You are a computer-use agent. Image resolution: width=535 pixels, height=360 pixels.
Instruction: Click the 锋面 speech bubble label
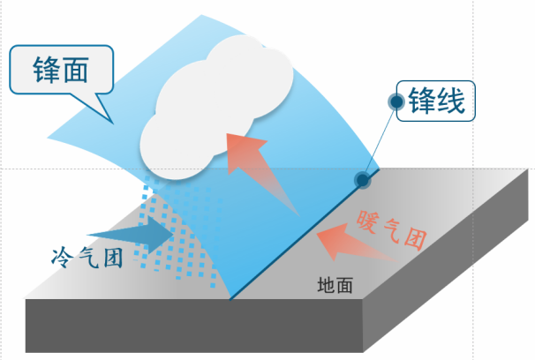pyautogui.click(x=62, y=69)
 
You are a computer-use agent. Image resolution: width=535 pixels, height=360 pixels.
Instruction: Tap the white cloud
pyautogui.click(x=216, y=101)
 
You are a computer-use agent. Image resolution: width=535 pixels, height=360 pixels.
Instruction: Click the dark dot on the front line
pyautogui.click(x=362, y=180)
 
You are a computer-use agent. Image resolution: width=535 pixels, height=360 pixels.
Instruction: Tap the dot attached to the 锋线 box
pyautogui.click(x=397, y=103)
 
